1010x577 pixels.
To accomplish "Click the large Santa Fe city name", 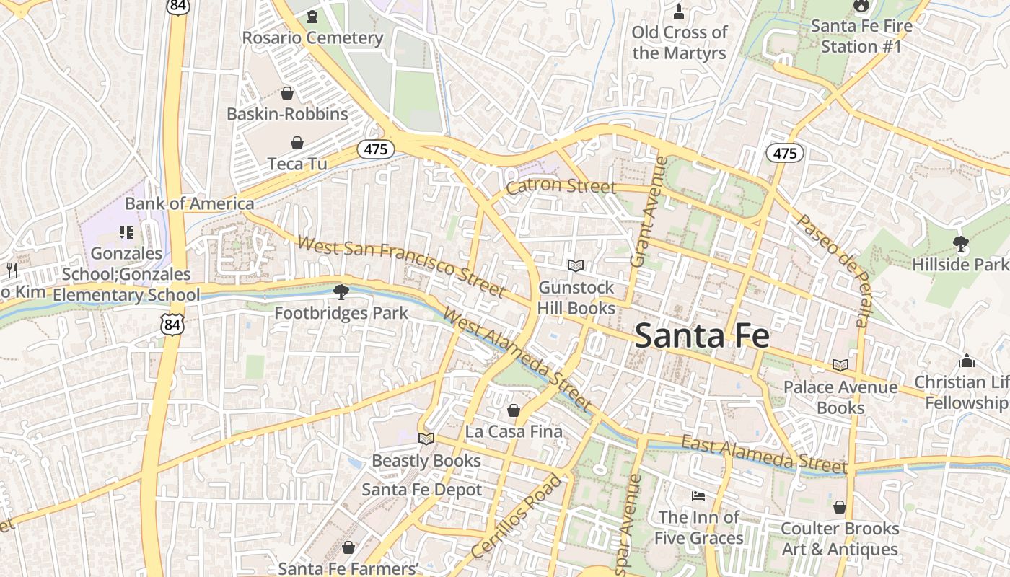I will (702, 336).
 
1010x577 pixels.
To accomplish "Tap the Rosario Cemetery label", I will (312, 38).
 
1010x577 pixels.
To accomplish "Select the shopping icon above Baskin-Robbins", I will (287, 93).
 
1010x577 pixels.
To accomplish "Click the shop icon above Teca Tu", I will (297, 143).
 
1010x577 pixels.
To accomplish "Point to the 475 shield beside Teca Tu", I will (376, 150).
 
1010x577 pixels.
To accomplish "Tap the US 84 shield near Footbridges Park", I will (173, 325).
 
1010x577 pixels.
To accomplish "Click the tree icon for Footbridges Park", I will (341, 292).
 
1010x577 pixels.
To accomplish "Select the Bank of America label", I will (189, 204).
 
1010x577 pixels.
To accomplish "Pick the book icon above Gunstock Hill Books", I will (575, 266).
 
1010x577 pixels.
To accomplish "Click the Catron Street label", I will (561, 187).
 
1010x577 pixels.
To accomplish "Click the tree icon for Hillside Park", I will (960, 244).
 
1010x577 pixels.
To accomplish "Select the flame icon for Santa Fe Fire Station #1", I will (860, 6).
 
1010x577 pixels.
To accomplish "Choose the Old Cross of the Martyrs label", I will (680, 43).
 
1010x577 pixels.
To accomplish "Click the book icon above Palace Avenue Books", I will (840, 366).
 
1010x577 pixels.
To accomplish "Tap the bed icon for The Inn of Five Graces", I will (698, 496).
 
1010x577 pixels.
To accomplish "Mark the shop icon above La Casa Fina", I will (514, 411).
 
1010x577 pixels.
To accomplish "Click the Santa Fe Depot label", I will (421, 490).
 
